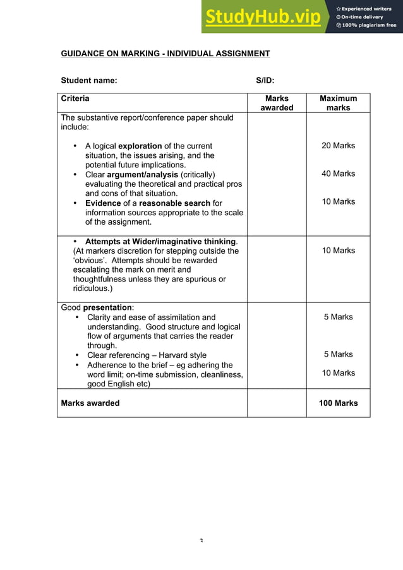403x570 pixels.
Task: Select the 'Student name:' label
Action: coord(88,80)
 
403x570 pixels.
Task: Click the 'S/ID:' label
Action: coord(265,80)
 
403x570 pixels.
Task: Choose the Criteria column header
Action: coord(75,98)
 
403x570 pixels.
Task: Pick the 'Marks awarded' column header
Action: coord(277,103)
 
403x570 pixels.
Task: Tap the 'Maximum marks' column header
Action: coord(338,103)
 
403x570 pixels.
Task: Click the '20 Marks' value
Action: coord(338,146)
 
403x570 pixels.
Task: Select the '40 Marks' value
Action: coord(338,174)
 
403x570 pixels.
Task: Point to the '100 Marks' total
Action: coord(338,403)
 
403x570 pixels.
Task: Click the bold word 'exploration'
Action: coord(140,146)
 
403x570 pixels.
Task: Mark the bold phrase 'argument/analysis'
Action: coord(142,174)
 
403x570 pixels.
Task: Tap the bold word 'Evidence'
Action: coord(103,203)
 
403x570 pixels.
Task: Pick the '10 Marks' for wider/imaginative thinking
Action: coord(338,251)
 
